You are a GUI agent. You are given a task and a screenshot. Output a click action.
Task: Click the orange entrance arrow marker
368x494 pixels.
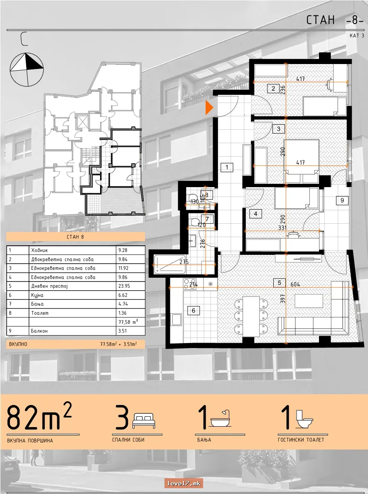point(209,107)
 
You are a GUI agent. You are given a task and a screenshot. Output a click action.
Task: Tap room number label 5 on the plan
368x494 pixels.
point(279,283)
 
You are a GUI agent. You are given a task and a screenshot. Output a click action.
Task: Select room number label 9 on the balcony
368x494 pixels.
point(342,200)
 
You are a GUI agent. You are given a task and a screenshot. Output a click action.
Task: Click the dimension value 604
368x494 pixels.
point(295,284)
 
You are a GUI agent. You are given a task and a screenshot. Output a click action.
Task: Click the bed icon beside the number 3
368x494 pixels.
point(144,421)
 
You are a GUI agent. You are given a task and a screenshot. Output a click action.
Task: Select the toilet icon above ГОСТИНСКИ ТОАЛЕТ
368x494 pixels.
point(304,419)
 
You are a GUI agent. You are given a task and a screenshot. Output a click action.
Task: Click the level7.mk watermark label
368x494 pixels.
point(184,483)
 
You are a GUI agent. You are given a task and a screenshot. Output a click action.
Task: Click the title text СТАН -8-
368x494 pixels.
point(335,20)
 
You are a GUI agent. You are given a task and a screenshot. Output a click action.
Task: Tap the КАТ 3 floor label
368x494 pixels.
point(357,36)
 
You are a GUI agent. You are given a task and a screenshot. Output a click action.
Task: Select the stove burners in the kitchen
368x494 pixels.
point(190,284)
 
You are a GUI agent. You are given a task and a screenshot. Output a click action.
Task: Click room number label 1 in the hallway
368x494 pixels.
point(227,167)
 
